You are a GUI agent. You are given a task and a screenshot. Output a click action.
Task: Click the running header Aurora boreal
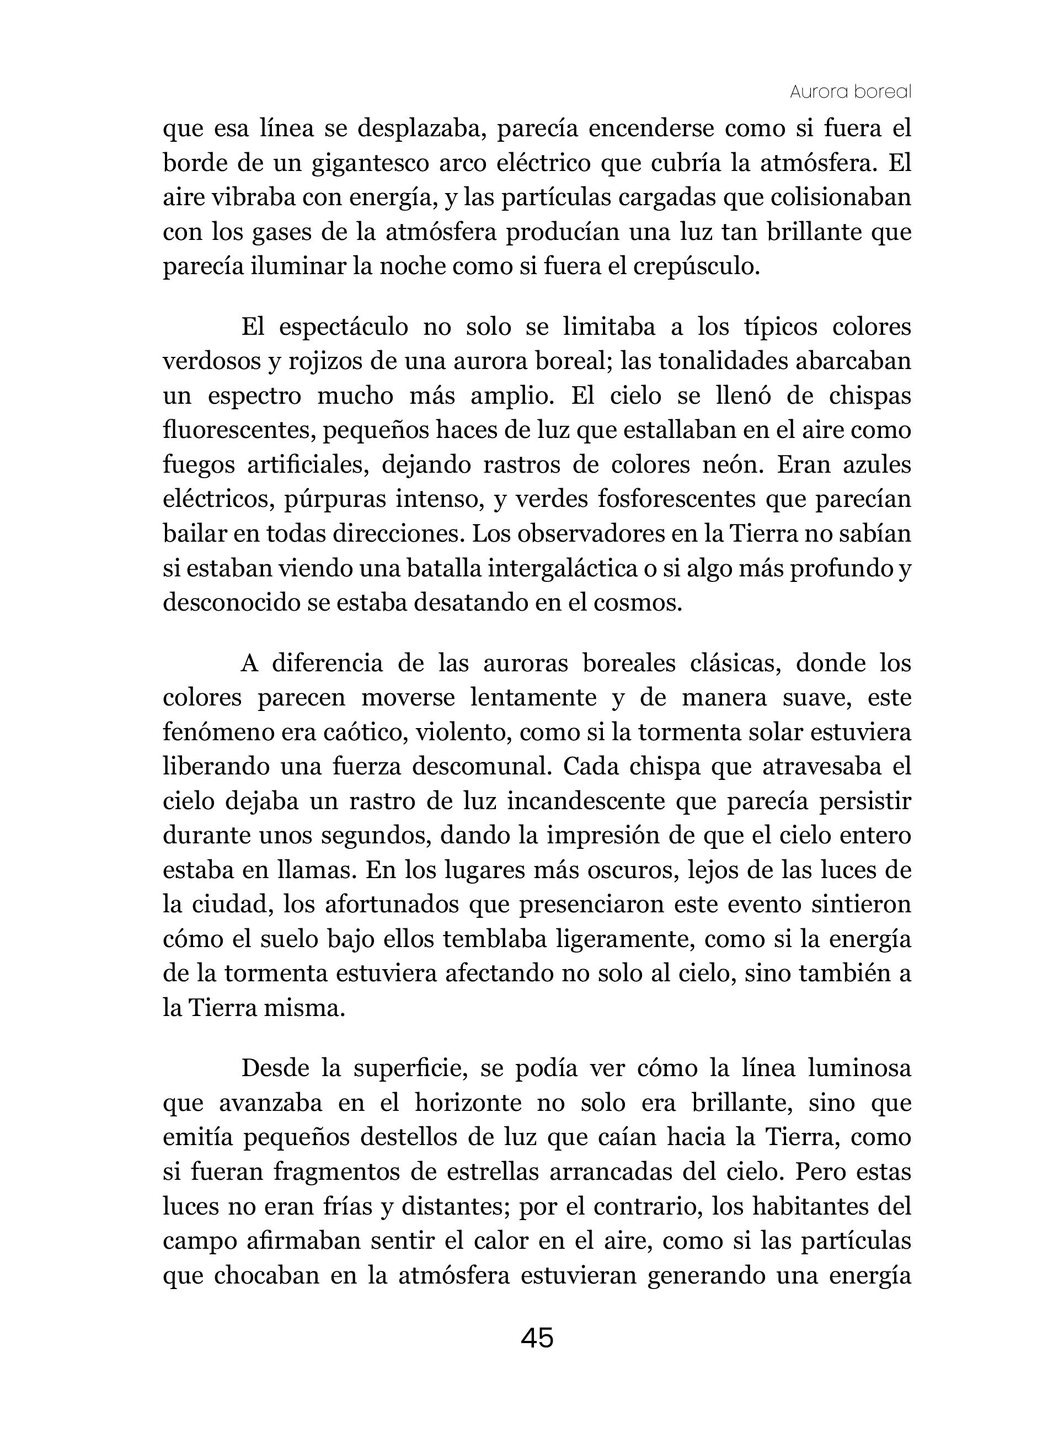click(850, 92)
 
